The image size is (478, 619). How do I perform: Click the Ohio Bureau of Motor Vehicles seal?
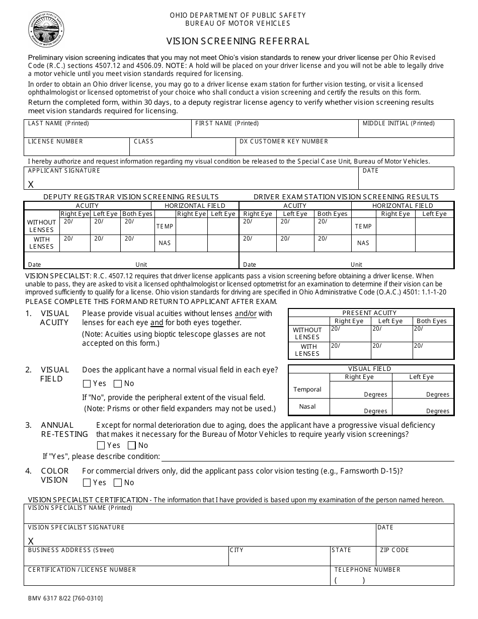click(x=46, y=29)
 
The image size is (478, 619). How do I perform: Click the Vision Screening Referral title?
click(x=238, y=41)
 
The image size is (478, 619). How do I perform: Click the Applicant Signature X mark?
click(x=31, y=185)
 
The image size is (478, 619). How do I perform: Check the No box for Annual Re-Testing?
click(x=132, y=445)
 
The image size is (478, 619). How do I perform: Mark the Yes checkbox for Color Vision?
click(x=87, y=483)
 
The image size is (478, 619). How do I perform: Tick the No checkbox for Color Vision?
click(x=118, y=483)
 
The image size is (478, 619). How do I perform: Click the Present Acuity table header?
click(x=371, y=313)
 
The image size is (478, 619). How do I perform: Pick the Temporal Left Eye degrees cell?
click(x=423, y=390)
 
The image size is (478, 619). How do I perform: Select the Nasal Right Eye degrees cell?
click(x=360, y=407)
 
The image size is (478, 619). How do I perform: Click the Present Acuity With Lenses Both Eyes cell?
click(x=433, y=350)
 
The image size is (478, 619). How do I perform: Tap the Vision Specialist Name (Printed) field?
click(x=238, y=514)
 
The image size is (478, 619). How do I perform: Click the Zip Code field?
click(x=415, y=556)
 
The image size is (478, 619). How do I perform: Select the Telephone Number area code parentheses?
click(x=349, y=580)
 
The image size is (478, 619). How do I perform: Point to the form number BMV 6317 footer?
click(x=65, y=598)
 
